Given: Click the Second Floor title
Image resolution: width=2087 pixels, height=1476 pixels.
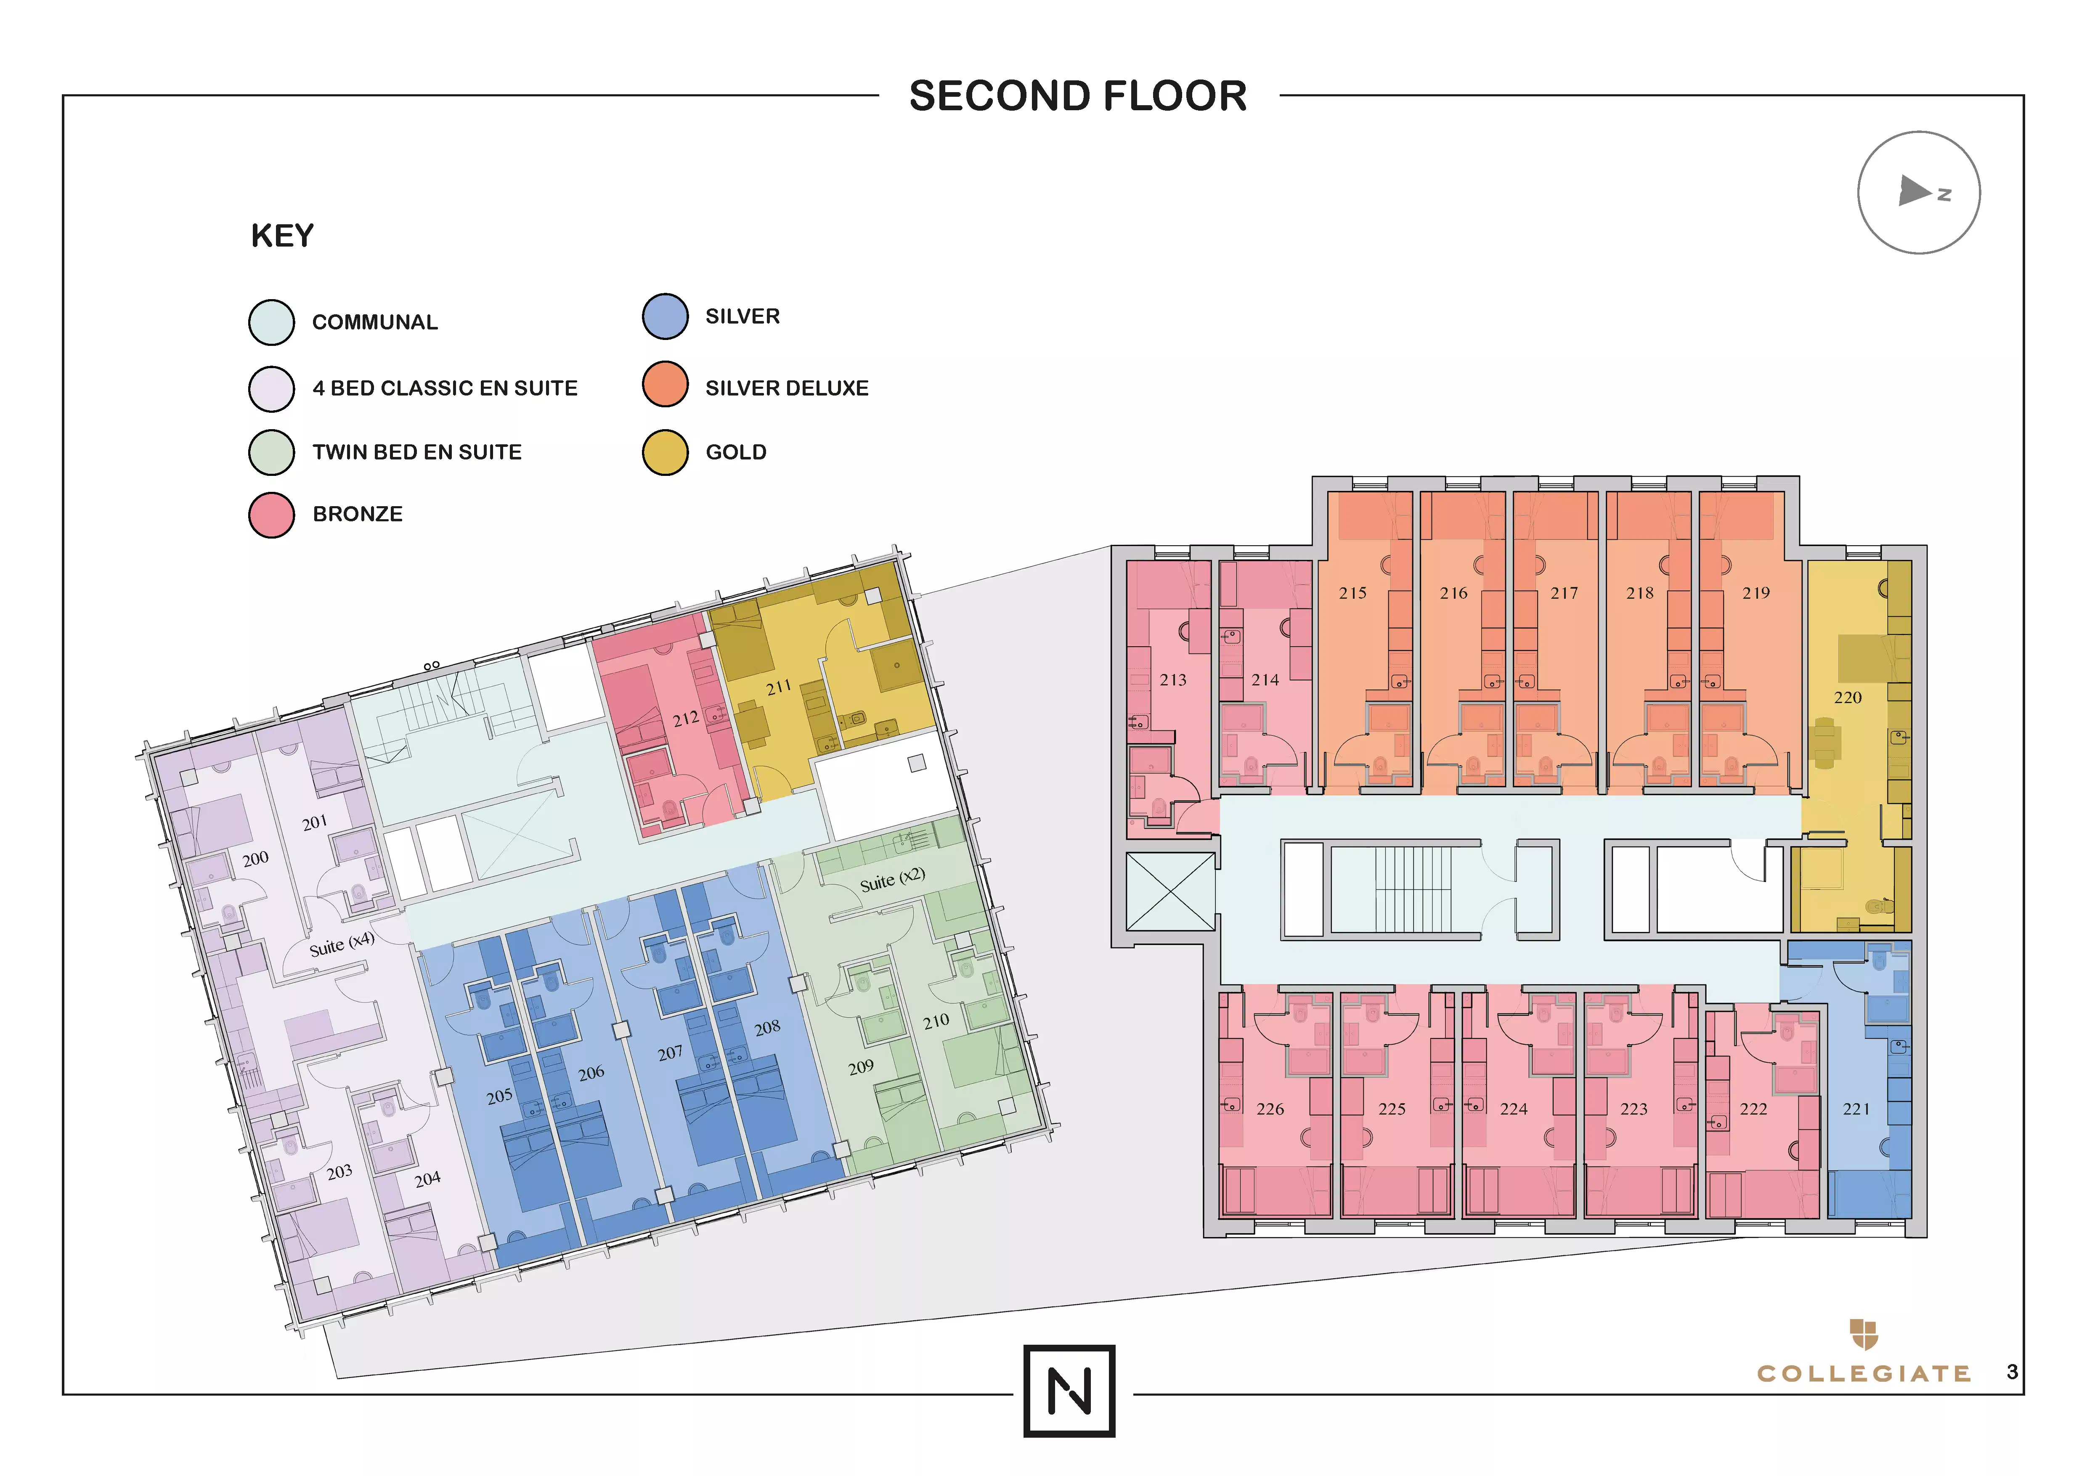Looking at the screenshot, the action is (1078, 96).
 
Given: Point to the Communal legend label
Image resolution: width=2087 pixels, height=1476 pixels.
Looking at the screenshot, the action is (374, 322).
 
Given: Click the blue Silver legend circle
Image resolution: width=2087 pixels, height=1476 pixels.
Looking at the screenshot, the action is (666, 316).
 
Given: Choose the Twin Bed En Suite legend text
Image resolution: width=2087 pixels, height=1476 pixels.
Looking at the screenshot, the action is (417, 452).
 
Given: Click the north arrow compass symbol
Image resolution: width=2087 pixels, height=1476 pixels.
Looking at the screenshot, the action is (1919, 192).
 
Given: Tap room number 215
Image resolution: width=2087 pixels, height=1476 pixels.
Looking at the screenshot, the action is (1352, 592).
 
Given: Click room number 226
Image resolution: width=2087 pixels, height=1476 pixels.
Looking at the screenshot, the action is (1270, 1109).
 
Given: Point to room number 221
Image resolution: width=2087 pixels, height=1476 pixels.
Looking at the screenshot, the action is (1856, 1109).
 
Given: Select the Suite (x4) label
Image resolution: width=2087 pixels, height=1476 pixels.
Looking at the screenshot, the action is (342, 944).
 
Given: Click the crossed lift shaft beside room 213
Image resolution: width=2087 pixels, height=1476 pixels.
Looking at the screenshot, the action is (1171, 892).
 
